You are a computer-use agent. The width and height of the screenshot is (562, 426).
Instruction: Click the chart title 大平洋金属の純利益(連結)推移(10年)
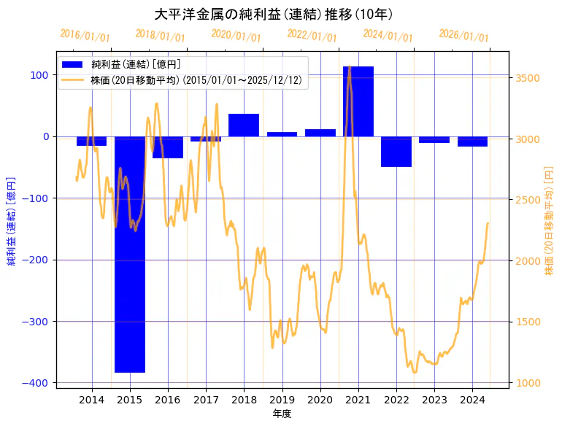[274, 14]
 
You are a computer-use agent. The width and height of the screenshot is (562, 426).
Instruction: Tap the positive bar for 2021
[358, 101]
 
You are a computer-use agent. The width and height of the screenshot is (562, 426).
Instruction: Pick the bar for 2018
[244, 125]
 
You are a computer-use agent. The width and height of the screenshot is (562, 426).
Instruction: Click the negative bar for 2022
[396, 152]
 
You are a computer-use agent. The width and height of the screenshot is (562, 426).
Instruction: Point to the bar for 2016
[168, 147]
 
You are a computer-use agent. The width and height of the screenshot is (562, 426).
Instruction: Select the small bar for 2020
[320, 133]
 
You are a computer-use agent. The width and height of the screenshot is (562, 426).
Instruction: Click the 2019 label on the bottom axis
[282, 399]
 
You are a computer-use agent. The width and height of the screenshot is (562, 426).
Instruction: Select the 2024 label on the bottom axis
[472, 399]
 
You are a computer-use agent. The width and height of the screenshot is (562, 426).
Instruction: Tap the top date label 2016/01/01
[85, 36]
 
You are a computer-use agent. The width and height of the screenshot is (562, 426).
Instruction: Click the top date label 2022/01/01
[312, 36]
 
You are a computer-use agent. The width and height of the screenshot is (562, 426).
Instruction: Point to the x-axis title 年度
[282, 414]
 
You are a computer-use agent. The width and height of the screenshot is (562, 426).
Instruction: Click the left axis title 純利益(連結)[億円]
[11, 220]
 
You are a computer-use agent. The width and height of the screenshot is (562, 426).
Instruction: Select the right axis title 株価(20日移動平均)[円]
[549, 220]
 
